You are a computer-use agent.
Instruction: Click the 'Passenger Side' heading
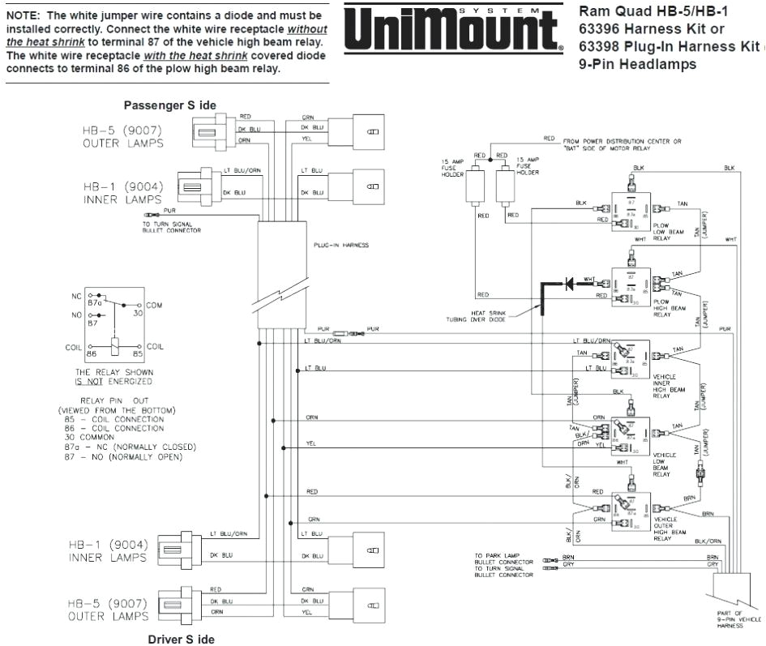point(169,105)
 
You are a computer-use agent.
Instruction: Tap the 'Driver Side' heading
point(181,640)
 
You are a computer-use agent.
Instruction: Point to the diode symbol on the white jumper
point(568,284)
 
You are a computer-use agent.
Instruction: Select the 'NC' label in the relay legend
point(77,296)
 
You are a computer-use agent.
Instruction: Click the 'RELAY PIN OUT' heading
point(115,400)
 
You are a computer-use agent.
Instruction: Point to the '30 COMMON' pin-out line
point(92,438)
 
